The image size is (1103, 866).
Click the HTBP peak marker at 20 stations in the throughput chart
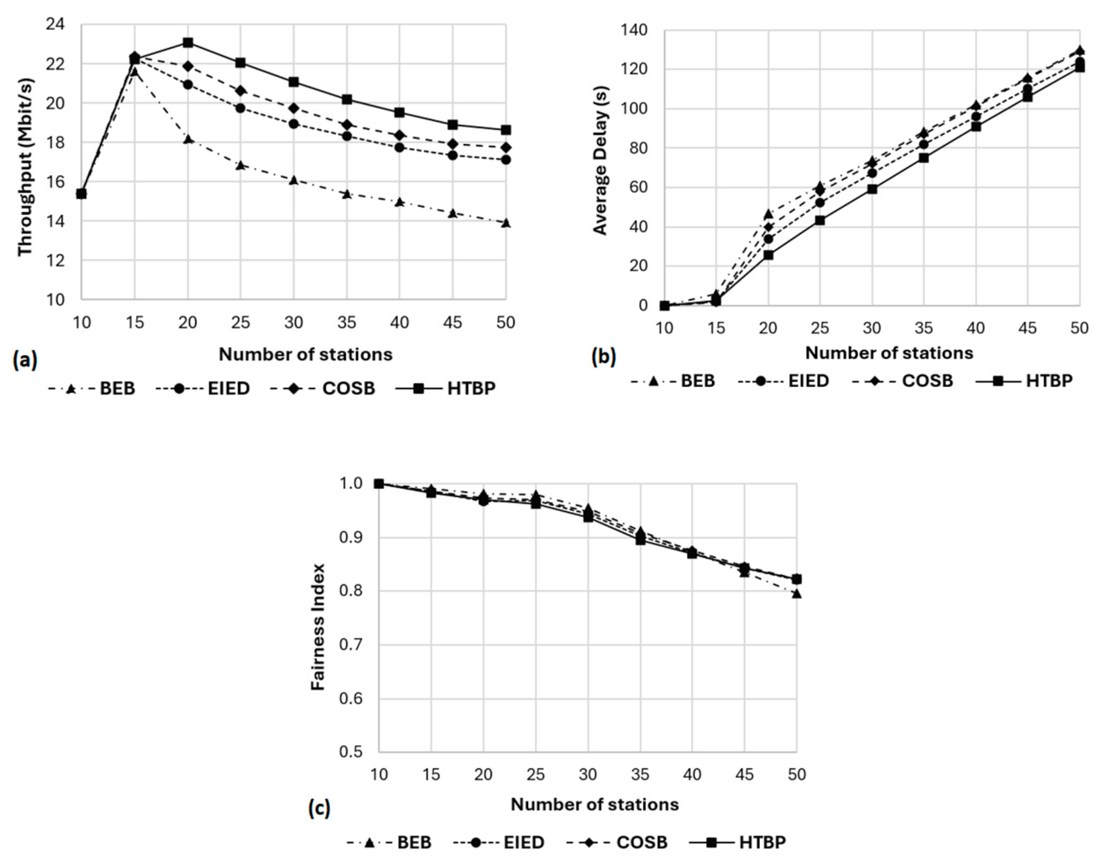(188, 42)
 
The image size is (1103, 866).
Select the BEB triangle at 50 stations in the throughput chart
(505, 223)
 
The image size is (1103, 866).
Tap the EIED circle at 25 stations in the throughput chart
(241, 108)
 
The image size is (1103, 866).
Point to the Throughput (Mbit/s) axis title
(25, 167)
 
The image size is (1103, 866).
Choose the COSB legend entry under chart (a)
(334, 388)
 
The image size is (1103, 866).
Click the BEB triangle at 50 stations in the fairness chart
(796, 594)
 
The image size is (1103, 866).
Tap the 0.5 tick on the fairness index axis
(351, 752)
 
